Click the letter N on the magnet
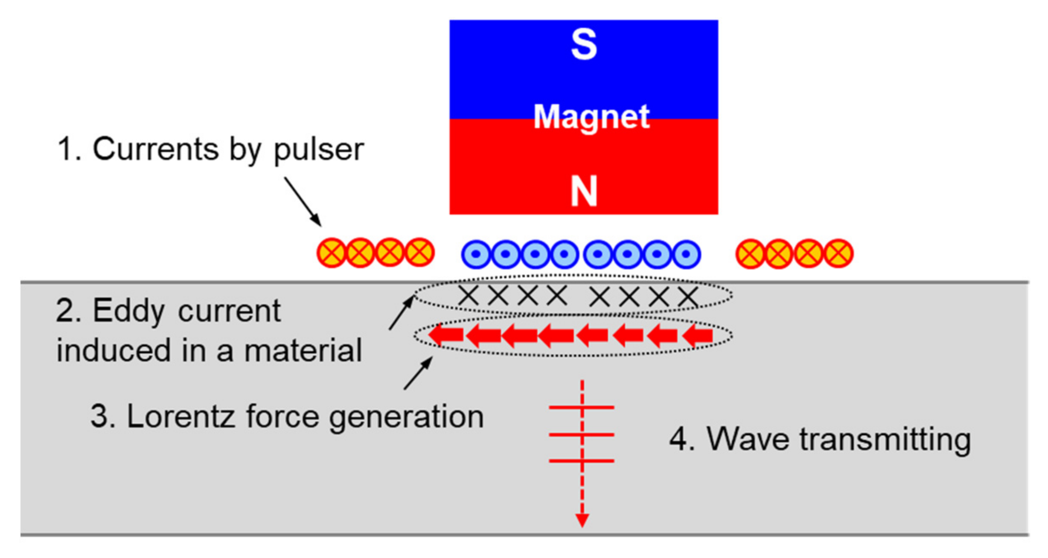583,192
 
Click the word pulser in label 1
318,150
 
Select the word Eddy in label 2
128,311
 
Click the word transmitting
885,439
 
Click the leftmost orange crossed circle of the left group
331,253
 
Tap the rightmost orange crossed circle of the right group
838,253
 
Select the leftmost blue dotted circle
475,254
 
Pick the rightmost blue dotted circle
686,254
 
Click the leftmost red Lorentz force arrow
445,334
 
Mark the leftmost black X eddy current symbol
468,295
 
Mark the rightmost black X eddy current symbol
688,297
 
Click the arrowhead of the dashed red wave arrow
582,520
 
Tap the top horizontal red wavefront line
581,407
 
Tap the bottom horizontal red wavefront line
581,461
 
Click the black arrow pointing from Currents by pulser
303,201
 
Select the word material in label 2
303,351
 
